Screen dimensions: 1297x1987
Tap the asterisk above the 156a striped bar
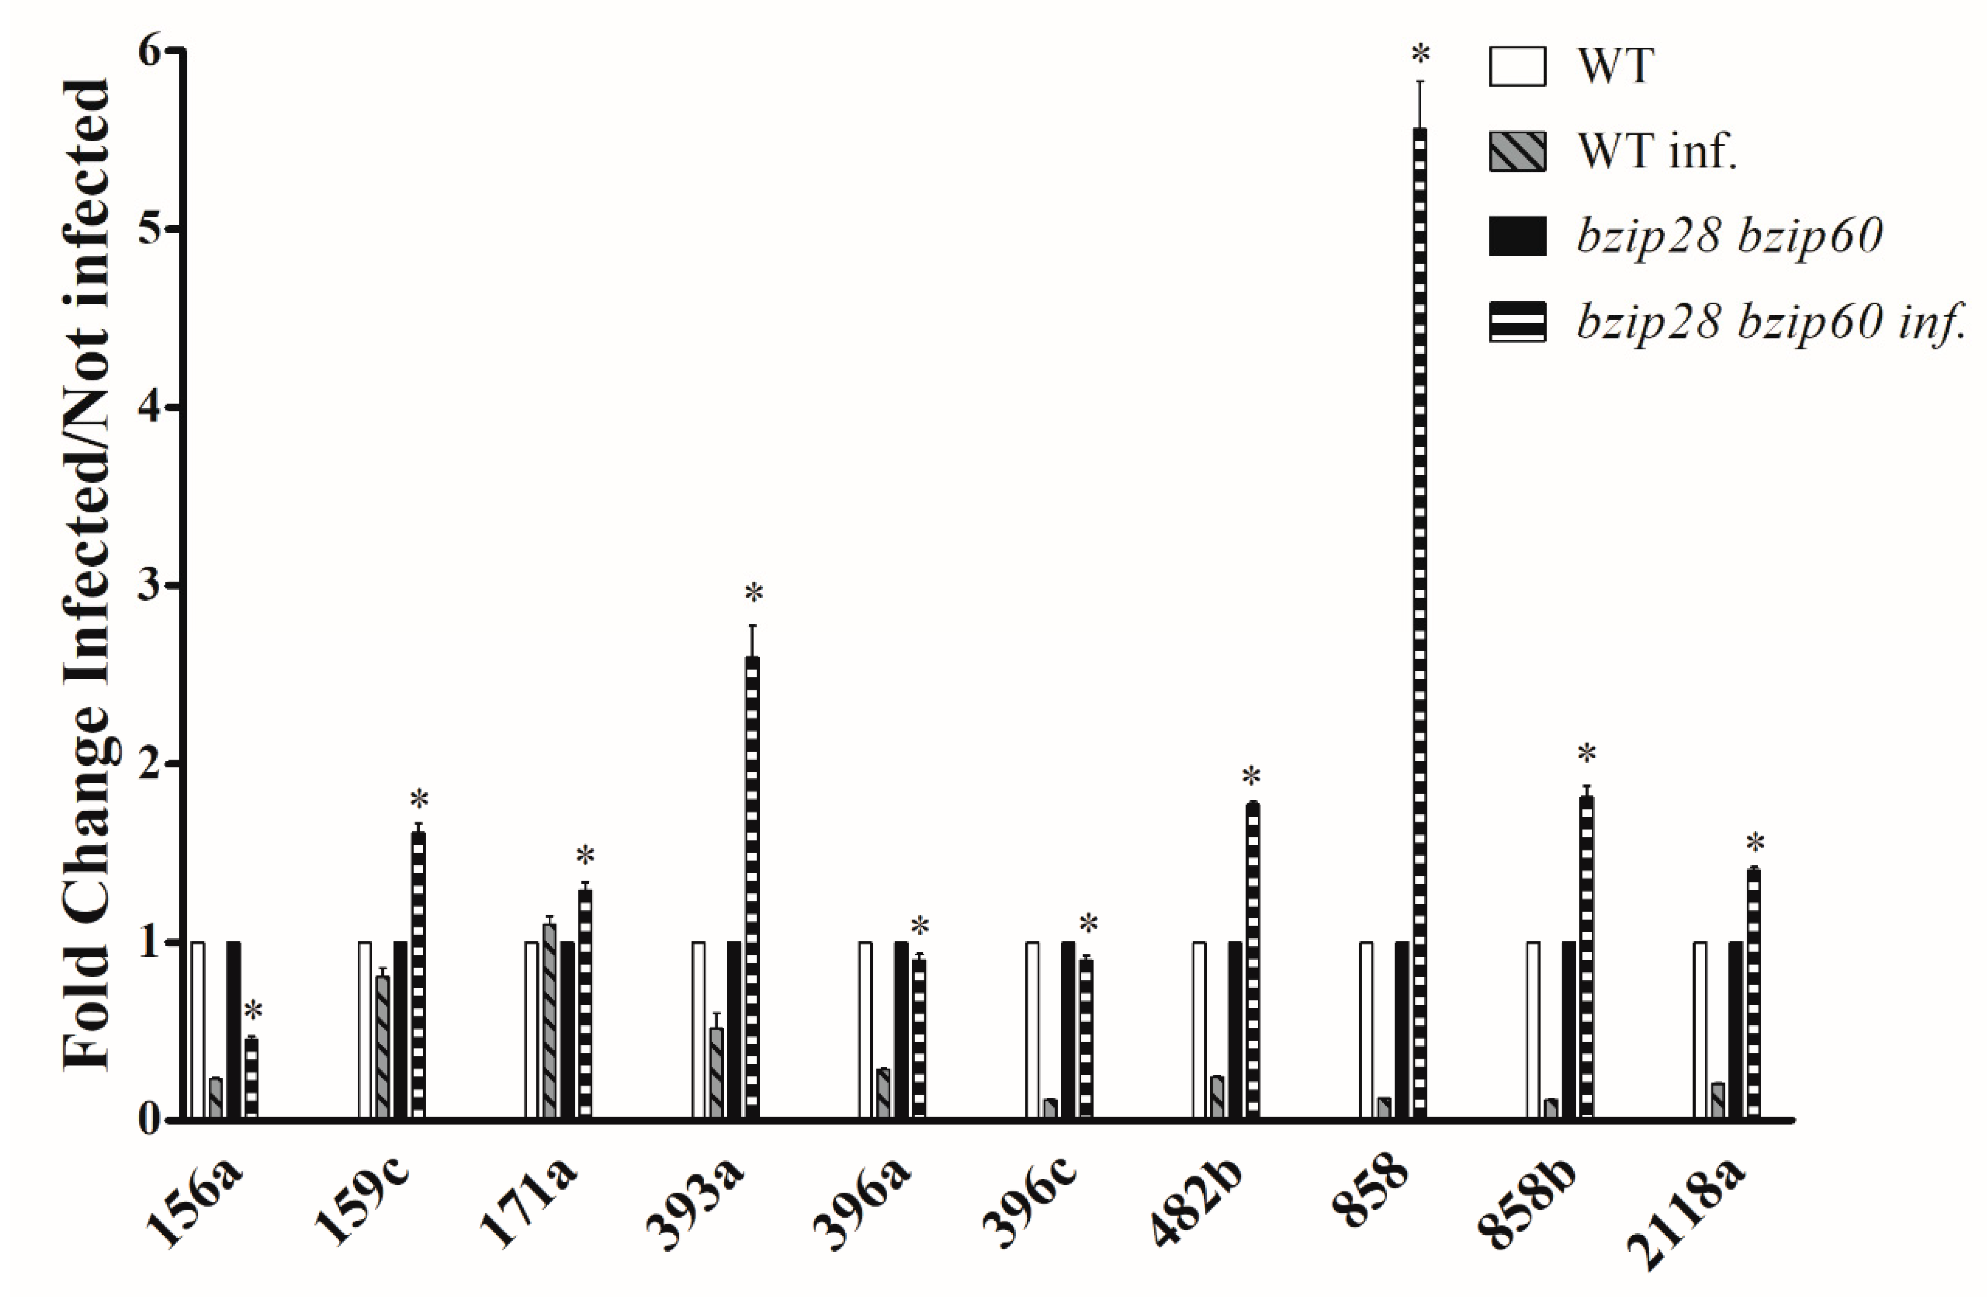point(253,1012)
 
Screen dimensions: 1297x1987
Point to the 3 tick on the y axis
point(175,585)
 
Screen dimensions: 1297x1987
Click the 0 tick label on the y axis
point(149,1120)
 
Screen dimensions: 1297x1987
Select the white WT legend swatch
point(1517,67)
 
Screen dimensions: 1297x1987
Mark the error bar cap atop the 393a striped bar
point(752,625)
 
